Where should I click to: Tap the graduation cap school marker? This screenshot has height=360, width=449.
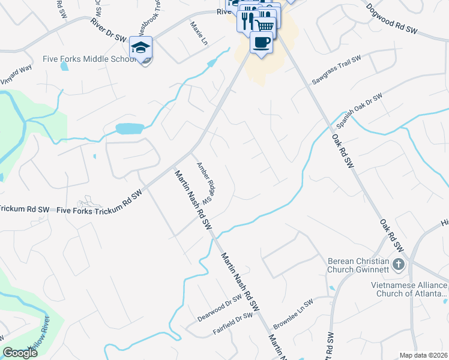point(141,47)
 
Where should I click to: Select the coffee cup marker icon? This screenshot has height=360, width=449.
point(261,43)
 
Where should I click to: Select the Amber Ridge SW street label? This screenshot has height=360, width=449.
point(204,182)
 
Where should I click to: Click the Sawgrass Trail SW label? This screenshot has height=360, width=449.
point(336,70)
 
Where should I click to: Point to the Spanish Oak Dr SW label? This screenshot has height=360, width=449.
point(359,111)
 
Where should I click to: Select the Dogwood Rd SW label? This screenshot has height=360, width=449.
point(391,20)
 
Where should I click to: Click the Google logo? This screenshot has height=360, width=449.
point(20,353)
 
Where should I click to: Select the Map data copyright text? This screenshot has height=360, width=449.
point(424,355)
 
